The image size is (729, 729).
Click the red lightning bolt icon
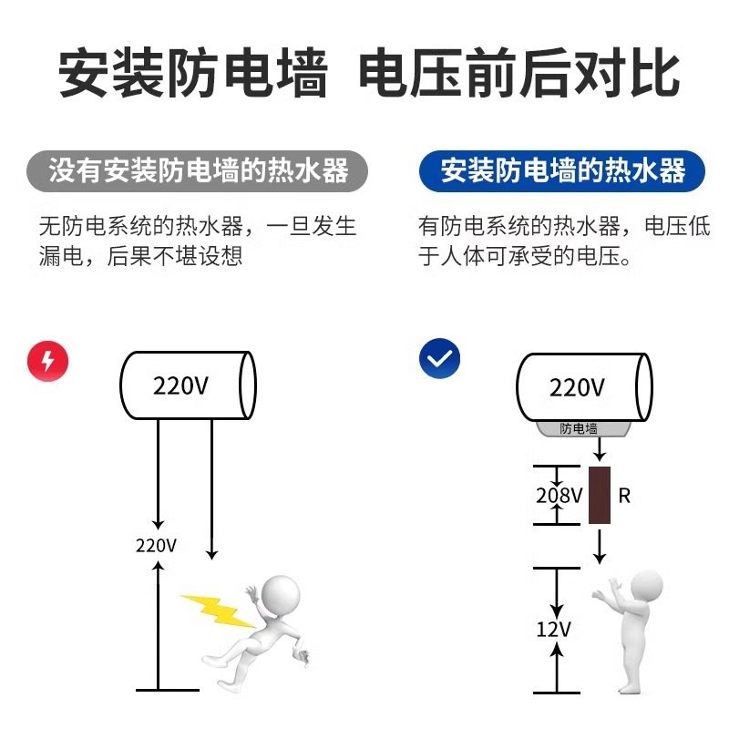point(47,362)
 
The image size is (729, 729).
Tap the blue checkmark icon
point(439,360)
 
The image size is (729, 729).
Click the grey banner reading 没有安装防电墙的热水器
point(199,170)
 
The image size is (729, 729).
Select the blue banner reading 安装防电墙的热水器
point(563,170)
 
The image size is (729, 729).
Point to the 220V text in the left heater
point(181,385)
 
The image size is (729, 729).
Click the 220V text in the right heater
point(577,387)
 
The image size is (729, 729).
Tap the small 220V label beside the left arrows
point(156,546)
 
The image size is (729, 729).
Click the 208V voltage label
point(559,496)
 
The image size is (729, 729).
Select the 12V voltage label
point(553,629)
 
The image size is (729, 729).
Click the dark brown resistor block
point(601,495)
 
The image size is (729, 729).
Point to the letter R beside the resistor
point(624,497)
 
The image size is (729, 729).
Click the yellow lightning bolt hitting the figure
point(218,608)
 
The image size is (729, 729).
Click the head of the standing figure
point(646,587)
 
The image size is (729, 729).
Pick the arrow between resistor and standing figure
point(600,546)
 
